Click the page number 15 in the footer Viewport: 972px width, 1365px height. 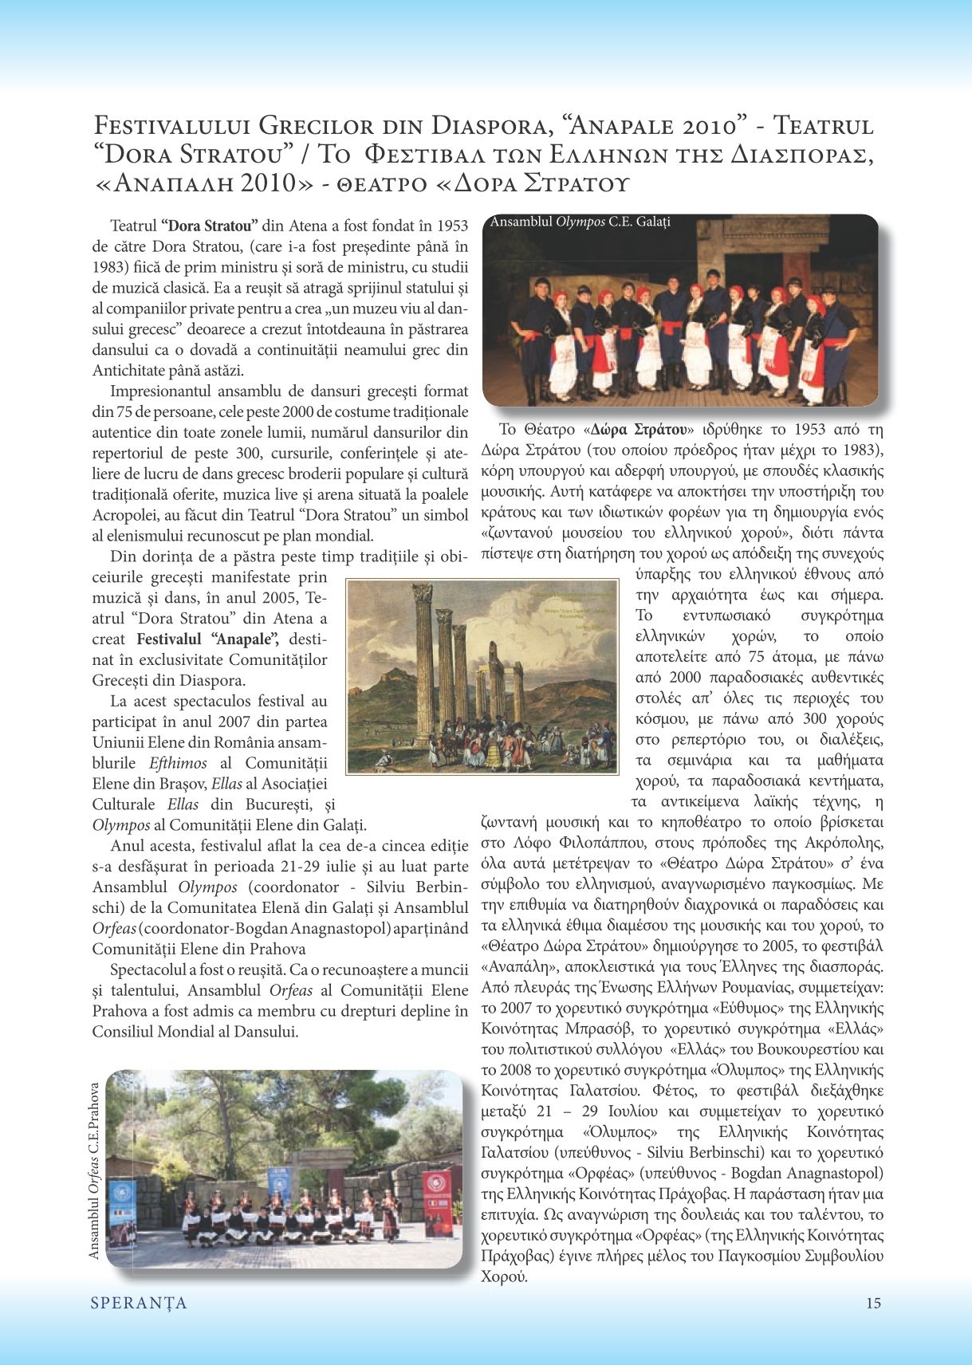click(x=873, y=1304)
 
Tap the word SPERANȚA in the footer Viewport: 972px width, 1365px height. click(x=139, y=1304)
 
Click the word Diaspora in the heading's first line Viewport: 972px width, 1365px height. click(x=488, y=126)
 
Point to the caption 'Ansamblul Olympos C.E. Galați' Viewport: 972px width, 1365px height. click(x=580, y=222)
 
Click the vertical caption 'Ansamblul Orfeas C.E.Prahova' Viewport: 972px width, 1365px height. click(x=95, y=1170)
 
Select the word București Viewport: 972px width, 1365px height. click(x=281, y=804)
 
